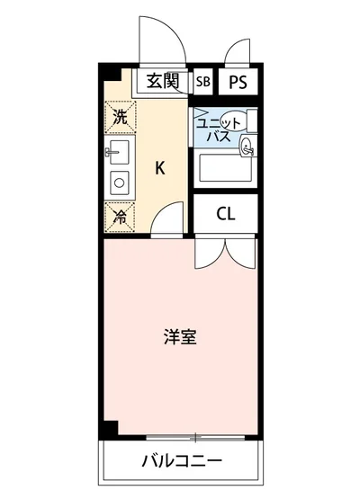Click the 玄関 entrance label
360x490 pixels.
pyautogui.click(x=163, y=82)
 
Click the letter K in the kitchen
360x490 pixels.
pyautogui.click(x=159, y=166)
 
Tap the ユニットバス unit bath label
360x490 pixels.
pyautogui.click(x=217, y=129)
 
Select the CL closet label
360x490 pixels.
pyautogui.click(x=226, y=214)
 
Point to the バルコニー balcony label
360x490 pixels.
pyautogui.click(x=181, y=462)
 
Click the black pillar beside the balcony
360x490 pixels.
pyautogui.click(x=109, y=432)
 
